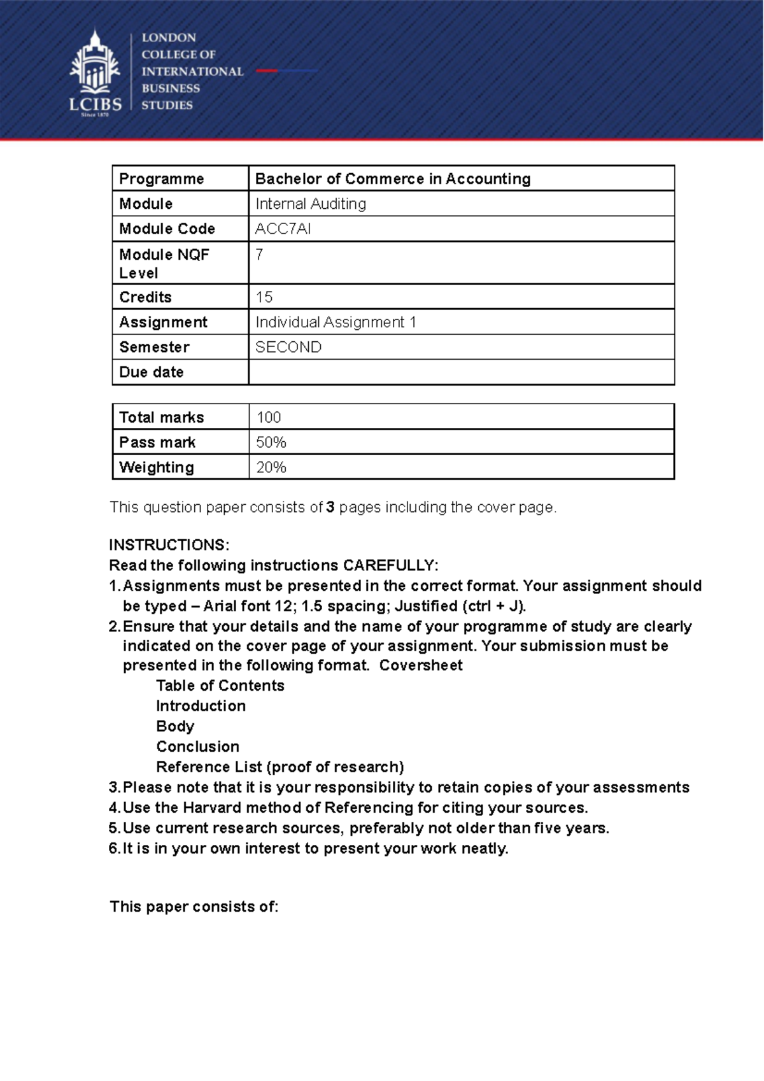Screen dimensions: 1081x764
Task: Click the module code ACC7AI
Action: [283, 229]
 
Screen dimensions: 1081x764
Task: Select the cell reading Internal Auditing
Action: [311, 204]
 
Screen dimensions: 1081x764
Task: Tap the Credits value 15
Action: [264, 297]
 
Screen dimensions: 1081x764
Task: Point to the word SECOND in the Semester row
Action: [288, 347]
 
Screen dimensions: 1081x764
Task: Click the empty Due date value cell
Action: [461, 372]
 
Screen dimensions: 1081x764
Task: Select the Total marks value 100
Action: [269, 417]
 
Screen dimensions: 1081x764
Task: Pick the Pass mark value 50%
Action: [271, 442]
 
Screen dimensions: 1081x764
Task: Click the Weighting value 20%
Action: [271, 467]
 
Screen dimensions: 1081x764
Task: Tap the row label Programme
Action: [162, 179]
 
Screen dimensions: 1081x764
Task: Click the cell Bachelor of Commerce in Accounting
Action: [393, 179]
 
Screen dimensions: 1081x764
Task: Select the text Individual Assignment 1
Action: [336, 322]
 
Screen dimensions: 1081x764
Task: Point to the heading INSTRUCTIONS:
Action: [169, 545]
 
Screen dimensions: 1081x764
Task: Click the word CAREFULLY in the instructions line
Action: [389, 565]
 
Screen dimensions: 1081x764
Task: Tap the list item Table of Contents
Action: [220, 686]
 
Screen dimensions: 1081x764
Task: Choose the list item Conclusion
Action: [198, 746]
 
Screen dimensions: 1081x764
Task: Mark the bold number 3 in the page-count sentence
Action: [330, 507]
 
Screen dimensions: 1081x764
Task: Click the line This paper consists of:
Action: [194, 907]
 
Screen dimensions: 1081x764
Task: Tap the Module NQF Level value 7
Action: [259, 254]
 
